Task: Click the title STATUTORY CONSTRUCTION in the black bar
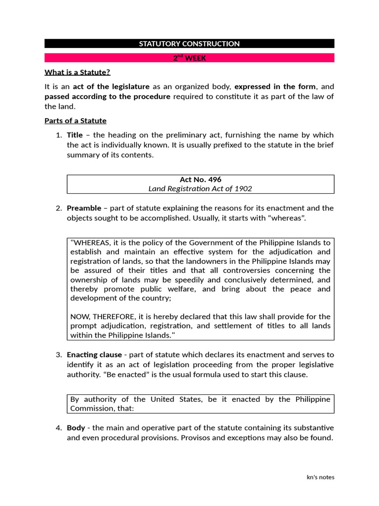tap(189, 43)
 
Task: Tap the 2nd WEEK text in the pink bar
tap(189, 58)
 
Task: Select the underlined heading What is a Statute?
tap(77, 73)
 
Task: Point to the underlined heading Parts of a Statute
tap(75, 121)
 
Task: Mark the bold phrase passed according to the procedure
tap(107, 97)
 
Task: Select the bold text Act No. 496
tap(200, 180)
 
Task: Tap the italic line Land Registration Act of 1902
tap(200, 189)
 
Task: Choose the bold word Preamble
tap(84, 208)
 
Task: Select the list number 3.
tap(58, 355)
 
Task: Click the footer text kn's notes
tap(320, 477)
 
